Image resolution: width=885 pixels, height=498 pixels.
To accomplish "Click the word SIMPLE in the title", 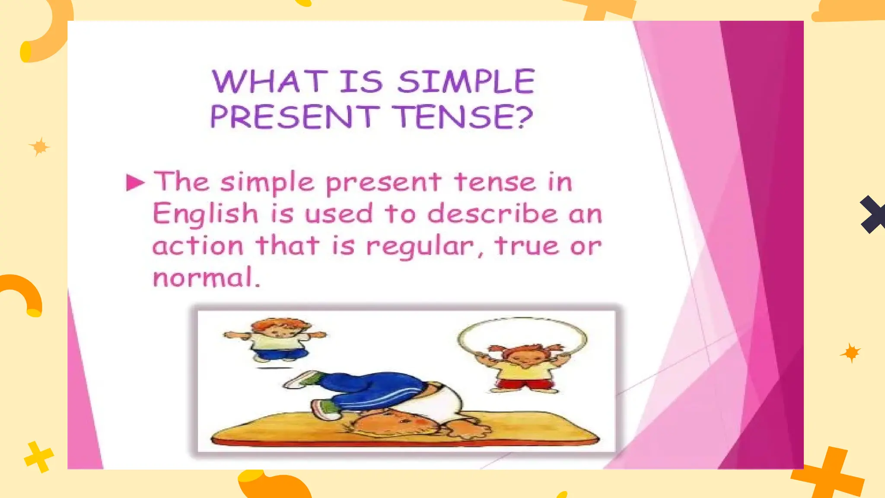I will click(x=466, y=81).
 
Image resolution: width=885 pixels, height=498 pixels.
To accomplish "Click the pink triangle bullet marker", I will click(x=135, y=182).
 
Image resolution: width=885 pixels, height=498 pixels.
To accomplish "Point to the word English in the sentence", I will click(x=205, y=214).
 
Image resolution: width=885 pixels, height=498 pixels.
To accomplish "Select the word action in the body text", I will click(x=198, y=246).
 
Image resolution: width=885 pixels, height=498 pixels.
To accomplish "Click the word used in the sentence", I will click(x=338, y=214).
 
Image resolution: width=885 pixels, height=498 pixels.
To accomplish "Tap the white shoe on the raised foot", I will click(x=300, y=379).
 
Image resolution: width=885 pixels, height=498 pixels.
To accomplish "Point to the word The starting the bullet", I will click(x=181, y=182).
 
